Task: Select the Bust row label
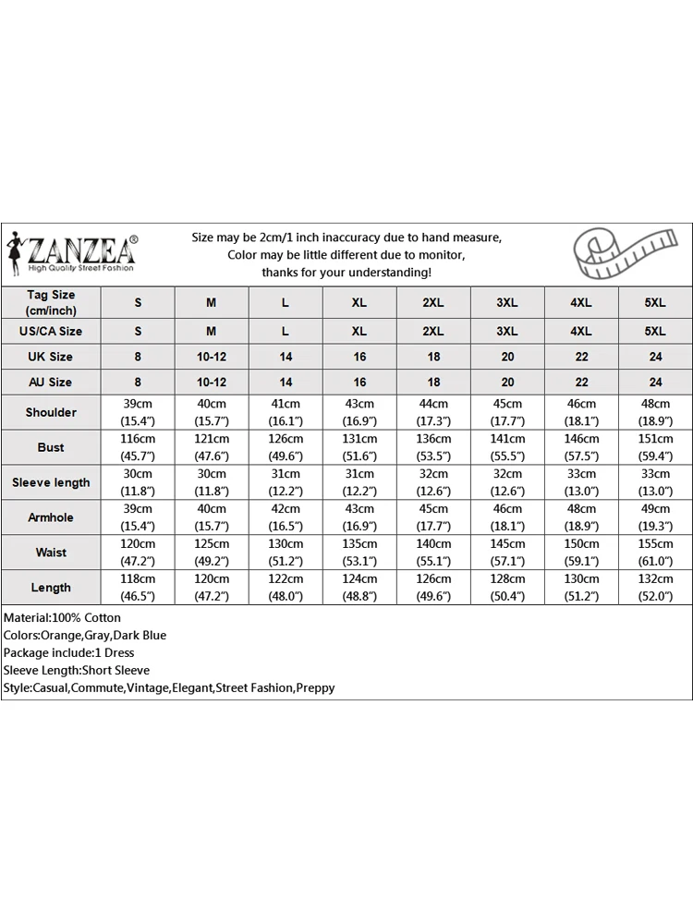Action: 51,447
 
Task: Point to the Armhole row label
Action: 51,517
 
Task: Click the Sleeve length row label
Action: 51,482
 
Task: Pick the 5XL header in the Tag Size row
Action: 655,303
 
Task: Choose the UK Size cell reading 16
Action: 359,357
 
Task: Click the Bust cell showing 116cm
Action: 139,447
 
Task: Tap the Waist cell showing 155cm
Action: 655,553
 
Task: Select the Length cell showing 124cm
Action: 359,588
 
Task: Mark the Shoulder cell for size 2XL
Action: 433,412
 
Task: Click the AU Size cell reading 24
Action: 655,382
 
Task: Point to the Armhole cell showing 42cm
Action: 286,517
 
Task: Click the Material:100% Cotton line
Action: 62,617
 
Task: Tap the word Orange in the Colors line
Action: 62,635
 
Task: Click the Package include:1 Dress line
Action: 68,652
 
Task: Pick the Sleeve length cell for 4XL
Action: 581,482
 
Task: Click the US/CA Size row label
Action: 51,331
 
